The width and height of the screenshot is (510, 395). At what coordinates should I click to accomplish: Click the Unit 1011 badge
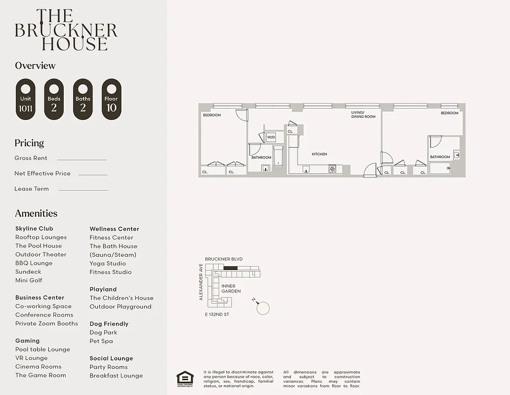[x=26, y=99]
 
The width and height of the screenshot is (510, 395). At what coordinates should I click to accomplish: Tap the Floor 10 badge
[x=111, y=99]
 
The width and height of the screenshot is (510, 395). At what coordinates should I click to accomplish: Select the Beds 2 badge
[x=54, y=99]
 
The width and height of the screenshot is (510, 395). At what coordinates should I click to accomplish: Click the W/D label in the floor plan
[x=271, y=137]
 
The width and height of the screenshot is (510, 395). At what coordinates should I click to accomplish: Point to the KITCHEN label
[x=319, y=154]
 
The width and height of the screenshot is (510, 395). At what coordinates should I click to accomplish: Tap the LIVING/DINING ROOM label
[x=363, y=115]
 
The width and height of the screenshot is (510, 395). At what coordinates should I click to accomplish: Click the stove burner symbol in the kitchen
[x=332, y=169]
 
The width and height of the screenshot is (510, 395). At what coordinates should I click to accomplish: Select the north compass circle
[x=264, y=308]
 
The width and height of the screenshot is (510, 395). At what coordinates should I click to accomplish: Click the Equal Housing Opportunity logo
[x=185, y=378]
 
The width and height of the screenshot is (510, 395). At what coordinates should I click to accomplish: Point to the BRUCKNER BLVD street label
[x=224, y=259]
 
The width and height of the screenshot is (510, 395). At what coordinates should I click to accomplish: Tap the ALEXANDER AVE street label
[x=201, y=282]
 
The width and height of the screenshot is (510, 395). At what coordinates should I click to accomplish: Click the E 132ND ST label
[x=217, y=315]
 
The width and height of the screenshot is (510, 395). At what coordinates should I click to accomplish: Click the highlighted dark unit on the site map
[x=230, y=268]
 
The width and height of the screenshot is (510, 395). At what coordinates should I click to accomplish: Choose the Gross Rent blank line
[x=81, y=159]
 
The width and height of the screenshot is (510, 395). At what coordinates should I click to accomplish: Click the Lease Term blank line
[x=83, y=190]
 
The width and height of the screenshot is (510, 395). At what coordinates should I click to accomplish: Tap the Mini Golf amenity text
[x=29, y=280]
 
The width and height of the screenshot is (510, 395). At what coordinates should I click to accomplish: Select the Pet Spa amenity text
[x=101, y=341]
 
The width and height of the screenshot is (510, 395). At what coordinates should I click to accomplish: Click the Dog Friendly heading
[x=109, y=324]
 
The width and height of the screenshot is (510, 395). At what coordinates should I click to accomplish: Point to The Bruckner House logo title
[x=66, y=30]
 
